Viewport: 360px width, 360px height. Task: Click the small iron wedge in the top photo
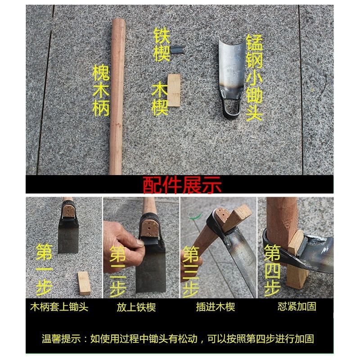[178, 50]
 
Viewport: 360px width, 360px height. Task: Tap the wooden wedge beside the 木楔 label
[174, 90]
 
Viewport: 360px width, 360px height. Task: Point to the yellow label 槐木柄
[101, 90]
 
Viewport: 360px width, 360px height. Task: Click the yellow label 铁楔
[162, 45]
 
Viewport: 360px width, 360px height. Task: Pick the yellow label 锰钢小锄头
[254, 78]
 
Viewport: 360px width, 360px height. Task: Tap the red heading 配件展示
[182, 185]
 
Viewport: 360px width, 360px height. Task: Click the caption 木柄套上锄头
[59, 307]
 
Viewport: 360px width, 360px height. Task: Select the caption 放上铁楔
[136, 307]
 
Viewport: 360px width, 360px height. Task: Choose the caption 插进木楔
[216, 307]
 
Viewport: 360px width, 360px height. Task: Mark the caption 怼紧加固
[297, 306]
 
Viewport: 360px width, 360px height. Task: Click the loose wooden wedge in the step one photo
[84, 283]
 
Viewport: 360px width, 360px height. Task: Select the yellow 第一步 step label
[44, 270]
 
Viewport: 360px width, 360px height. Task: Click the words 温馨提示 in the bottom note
[61, 339]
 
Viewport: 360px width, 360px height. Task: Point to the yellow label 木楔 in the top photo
[160, 99]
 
